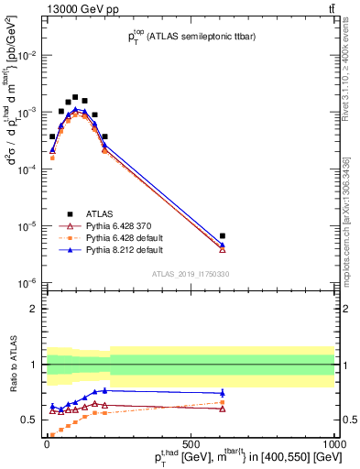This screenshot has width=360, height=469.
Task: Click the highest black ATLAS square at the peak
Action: click(75, 96)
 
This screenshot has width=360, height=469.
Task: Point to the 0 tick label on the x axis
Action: click(46, 442)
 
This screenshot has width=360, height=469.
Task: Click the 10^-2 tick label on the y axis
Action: click(27, 55)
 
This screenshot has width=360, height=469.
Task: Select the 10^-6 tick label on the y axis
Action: click(27, 283)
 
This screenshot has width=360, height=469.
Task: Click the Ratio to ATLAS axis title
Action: click(11, 365)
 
